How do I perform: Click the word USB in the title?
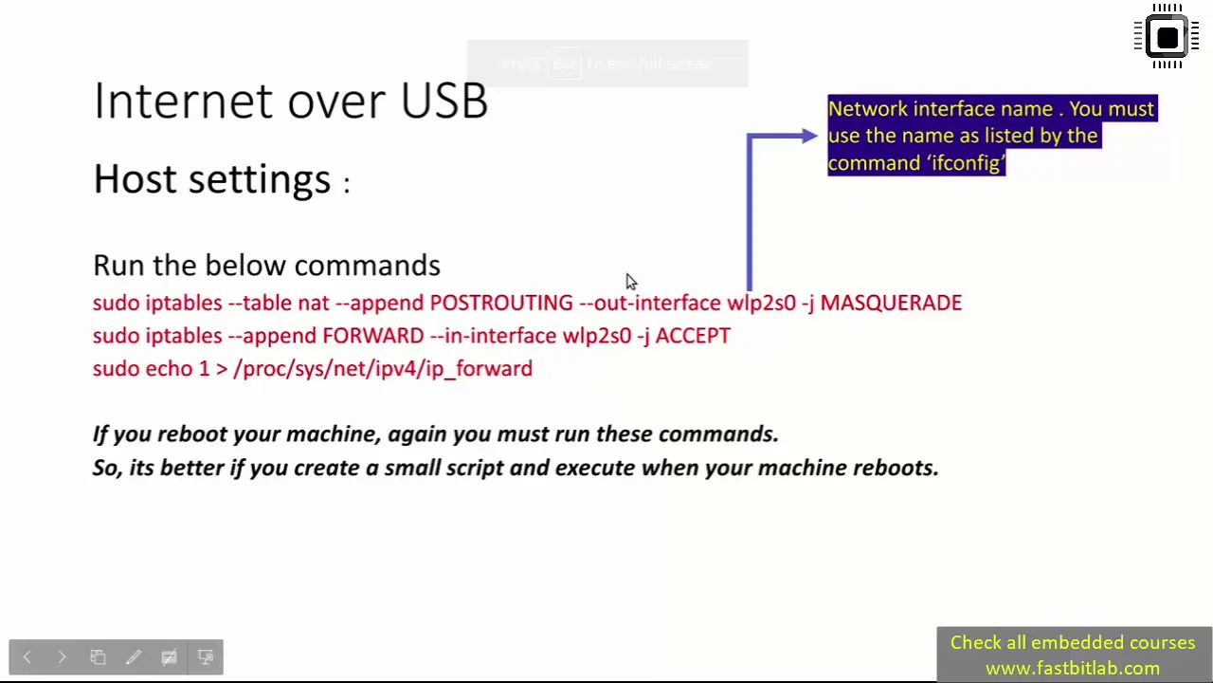[444, 101]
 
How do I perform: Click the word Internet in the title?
[183, 101]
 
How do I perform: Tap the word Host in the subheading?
[135, 178]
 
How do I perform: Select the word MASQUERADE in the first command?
[891, 303]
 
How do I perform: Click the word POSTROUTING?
[501, 303]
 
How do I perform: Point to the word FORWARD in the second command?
[373, 336]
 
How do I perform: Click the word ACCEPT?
[693, 336]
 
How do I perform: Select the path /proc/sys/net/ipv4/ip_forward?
[383, 369]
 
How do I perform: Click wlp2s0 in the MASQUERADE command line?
[761, 304]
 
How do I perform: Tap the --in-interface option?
[493, 336]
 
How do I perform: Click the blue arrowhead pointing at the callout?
[809, 136]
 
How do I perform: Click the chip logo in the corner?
[1167, 36]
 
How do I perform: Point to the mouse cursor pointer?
[631, 282]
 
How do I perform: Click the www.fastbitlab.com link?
[1072, 669]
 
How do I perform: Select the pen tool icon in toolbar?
[134, 657]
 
